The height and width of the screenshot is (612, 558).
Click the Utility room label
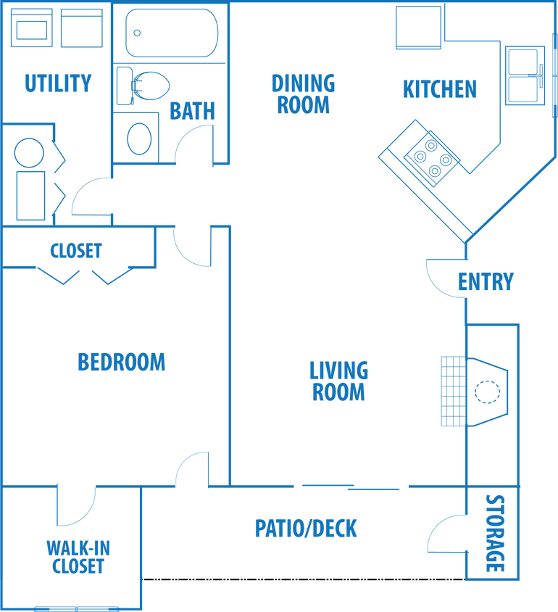pos(58,84)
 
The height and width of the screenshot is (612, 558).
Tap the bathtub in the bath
pos(172,33)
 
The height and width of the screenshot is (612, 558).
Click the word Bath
pos(193,111)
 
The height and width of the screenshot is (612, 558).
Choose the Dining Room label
pos(304,94)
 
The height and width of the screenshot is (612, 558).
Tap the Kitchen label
pos(440,89)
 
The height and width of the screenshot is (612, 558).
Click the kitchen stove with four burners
pos(428,157)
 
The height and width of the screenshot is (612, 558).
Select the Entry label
pos(486,281)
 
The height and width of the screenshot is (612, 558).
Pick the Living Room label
pos(339,381)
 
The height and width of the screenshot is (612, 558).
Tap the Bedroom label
pos(122,362)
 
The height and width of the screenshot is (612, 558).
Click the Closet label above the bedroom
pos(75,251)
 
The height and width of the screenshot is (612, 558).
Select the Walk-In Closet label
pos(78,557)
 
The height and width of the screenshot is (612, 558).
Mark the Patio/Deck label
pos(306,529)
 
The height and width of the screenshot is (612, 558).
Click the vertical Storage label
pos(495,533)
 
